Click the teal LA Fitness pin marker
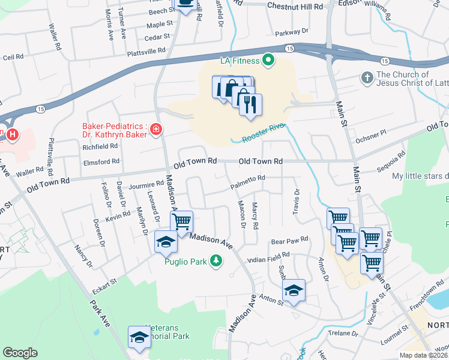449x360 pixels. point(268,60)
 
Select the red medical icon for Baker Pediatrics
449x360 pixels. point(156,129)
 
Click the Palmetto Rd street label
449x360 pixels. point(248,178)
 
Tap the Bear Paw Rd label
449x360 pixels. point(289,239)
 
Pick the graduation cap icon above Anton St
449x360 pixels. point(294,290)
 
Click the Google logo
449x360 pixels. point(20,352)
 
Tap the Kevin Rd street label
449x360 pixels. point(118,217)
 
